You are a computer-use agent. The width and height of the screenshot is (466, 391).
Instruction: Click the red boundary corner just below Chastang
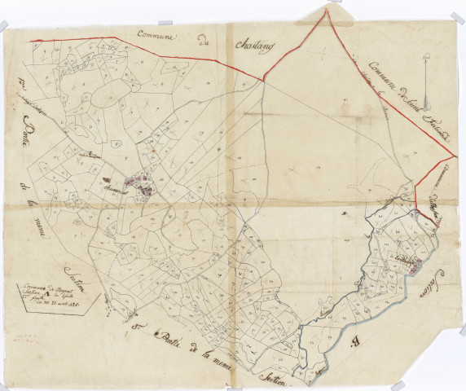tap(263, 78)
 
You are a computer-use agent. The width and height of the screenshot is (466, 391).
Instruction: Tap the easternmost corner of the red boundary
tap(455, 152)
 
